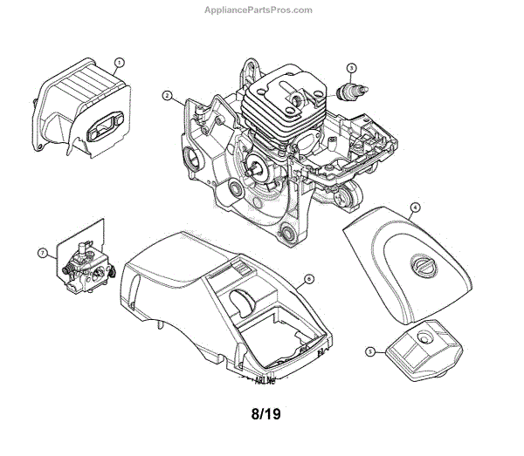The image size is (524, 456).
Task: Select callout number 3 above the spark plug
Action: pos(351,68)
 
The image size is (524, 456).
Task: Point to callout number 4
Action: pos(415,208)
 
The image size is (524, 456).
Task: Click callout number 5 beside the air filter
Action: pos(370,352)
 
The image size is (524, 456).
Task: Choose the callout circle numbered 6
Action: pos(308,281)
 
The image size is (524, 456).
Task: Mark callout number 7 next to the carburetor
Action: pos(41,253)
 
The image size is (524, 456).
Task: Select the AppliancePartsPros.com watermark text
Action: pos(262,10)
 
